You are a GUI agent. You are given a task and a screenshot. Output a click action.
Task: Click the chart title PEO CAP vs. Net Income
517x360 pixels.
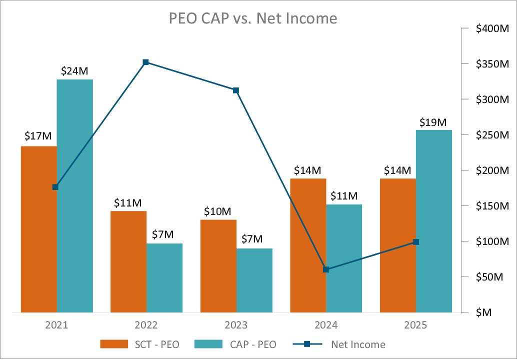click(252, 18)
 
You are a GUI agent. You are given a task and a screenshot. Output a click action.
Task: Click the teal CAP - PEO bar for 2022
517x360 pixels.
click(164, 278)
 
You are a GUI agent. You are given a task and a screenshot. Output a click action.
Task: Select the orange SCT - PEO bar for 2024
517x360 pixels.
click(308, 245)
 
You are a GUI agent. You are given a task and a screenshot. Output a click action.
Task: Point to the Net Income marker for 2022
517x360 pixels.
click(146, 62)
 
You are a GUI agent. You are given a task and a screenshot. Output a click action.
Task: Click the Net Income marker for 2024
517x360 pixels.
click(326, 269)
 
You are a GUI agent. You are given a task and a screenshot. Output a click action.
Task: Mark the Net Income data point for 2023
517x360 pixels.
click(236, 90)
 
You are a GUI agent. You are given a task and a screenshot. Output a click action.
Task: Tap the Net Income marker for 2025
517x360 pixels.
click(416, 242)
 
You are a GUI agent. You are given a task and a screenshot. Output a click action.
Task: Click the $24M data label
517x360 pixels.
click(74, 71)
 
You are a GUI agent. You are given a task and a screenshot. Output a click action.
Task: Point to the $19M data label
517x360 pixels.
click(434, 122)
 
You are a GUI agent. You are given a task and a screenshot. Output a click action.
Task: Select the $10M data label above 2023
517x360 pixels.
click(217, 211)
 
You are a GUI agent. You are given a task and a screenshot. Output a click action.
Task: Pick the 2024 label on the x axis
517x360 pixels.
click(326, 325)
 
